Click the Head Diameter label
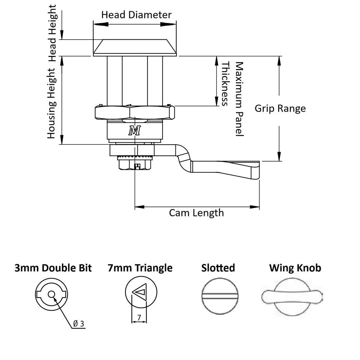[x=136, y=15]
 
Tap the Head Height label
[x=52, y=33]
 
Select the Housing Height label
[x=52, y=103]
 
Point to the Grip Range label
[x=280, y=108]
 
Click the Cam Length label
[x=196, y=213]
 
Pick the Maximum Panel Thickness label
[x=233, y=98]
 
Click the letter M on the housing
[x=135, y=131]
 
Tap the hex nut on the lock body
[x=135, y=112]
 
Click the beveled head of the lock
[x=135, y=47]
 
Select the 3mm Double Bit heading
[x=53, y=268]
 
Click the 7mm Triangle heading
[x=140, y=268]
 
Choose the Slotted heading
[x=218, y=268]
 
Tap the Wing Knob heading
[x=295, y=268]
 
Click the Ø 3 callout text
[x=79, y=324]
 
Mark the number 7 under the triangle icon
[x=139, y=317]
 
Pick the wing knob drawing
[x=292, y=297]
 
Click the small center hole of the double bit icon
[x=51, y=294]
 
